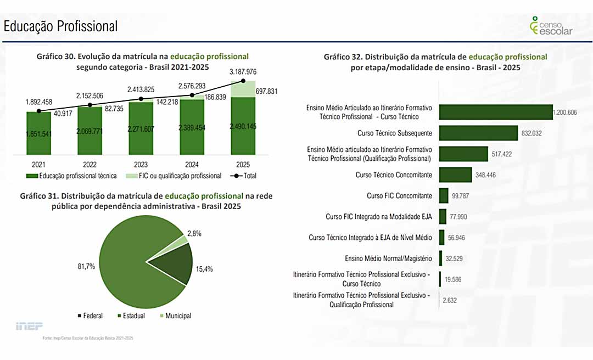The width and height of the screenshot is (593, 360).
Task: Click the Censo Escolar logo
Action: (x=551, y=26)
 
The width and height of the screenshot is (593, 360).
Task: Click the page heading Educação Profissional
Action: (x=60, y=26)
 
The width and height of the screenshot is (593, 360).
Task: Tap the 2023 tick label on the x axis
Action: (x=141, y=164)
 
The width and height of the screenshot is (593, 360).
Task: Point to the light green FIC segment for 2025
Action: (x=243, y=89)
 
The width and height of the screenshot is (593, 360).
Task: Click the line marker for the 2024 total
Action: (x=192, y=95)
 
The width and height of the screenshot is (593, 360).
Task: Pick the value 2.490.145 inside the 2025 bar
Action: (x=243, y=127)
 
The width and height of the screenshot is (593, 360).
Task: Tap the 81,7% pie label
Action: (x=86, y=266)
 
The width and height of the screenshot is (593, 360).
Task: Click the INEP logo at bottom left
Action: (x=29, y=326)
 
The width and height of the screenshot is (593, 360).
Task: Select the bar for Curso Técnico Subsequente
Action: (x=478, y=133)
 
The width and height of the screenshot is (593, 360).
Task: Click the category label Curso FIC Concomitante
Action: (x=399, y=195)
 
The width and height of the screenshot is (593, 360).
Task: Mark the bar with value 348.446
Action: (x=455, y=175)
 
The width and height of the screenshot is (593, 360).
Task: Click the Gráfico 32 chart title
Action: (x=435, y=62)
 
